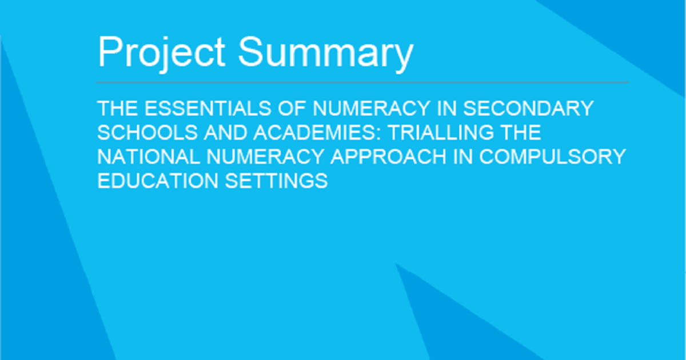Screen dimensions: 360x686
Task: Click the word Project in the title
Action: pos(162,53)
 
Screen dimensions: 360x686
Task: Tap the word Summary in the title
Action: pos(325,53)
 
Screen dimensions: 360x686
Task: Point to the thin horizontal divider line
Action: pos(362,83)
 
